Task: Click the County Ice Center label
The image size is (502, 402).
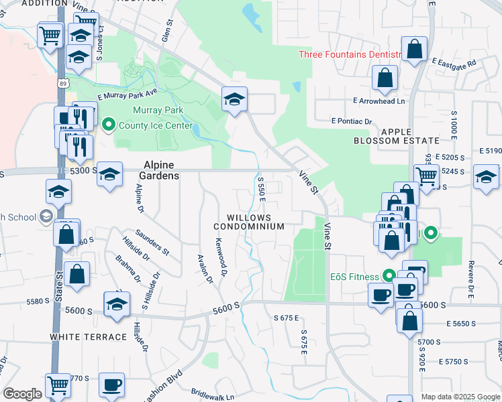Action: pos(155,125)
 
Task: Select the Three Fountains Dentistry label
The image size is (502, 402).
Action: pos(350,54)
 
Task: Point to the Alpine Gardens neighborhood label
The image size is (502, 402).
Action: pos(158,170)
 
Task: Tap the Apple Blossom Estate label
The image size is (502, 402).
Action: pos(409,136)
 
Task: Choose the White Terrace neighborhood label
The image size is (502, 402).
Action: pos(88,336)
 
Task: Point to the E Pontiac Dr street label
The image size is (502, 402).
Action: pos(352,121)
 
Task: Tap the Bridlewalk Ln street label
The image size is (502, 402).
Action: pos(212,397)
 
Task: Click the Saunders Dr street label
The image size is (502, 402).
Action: pos(152,243)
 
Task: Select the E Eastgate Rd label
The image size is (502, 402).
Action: pos(454,63)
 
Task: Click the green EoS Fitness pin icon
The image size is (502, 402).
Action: pos(388,275)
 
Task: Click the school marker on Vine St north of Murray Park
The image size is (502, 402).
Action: pos(235,100)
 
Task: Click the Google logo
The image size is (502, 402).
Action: pos(22,394)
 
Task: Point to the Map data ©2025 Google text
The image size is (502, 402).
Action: pos(460,397)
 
